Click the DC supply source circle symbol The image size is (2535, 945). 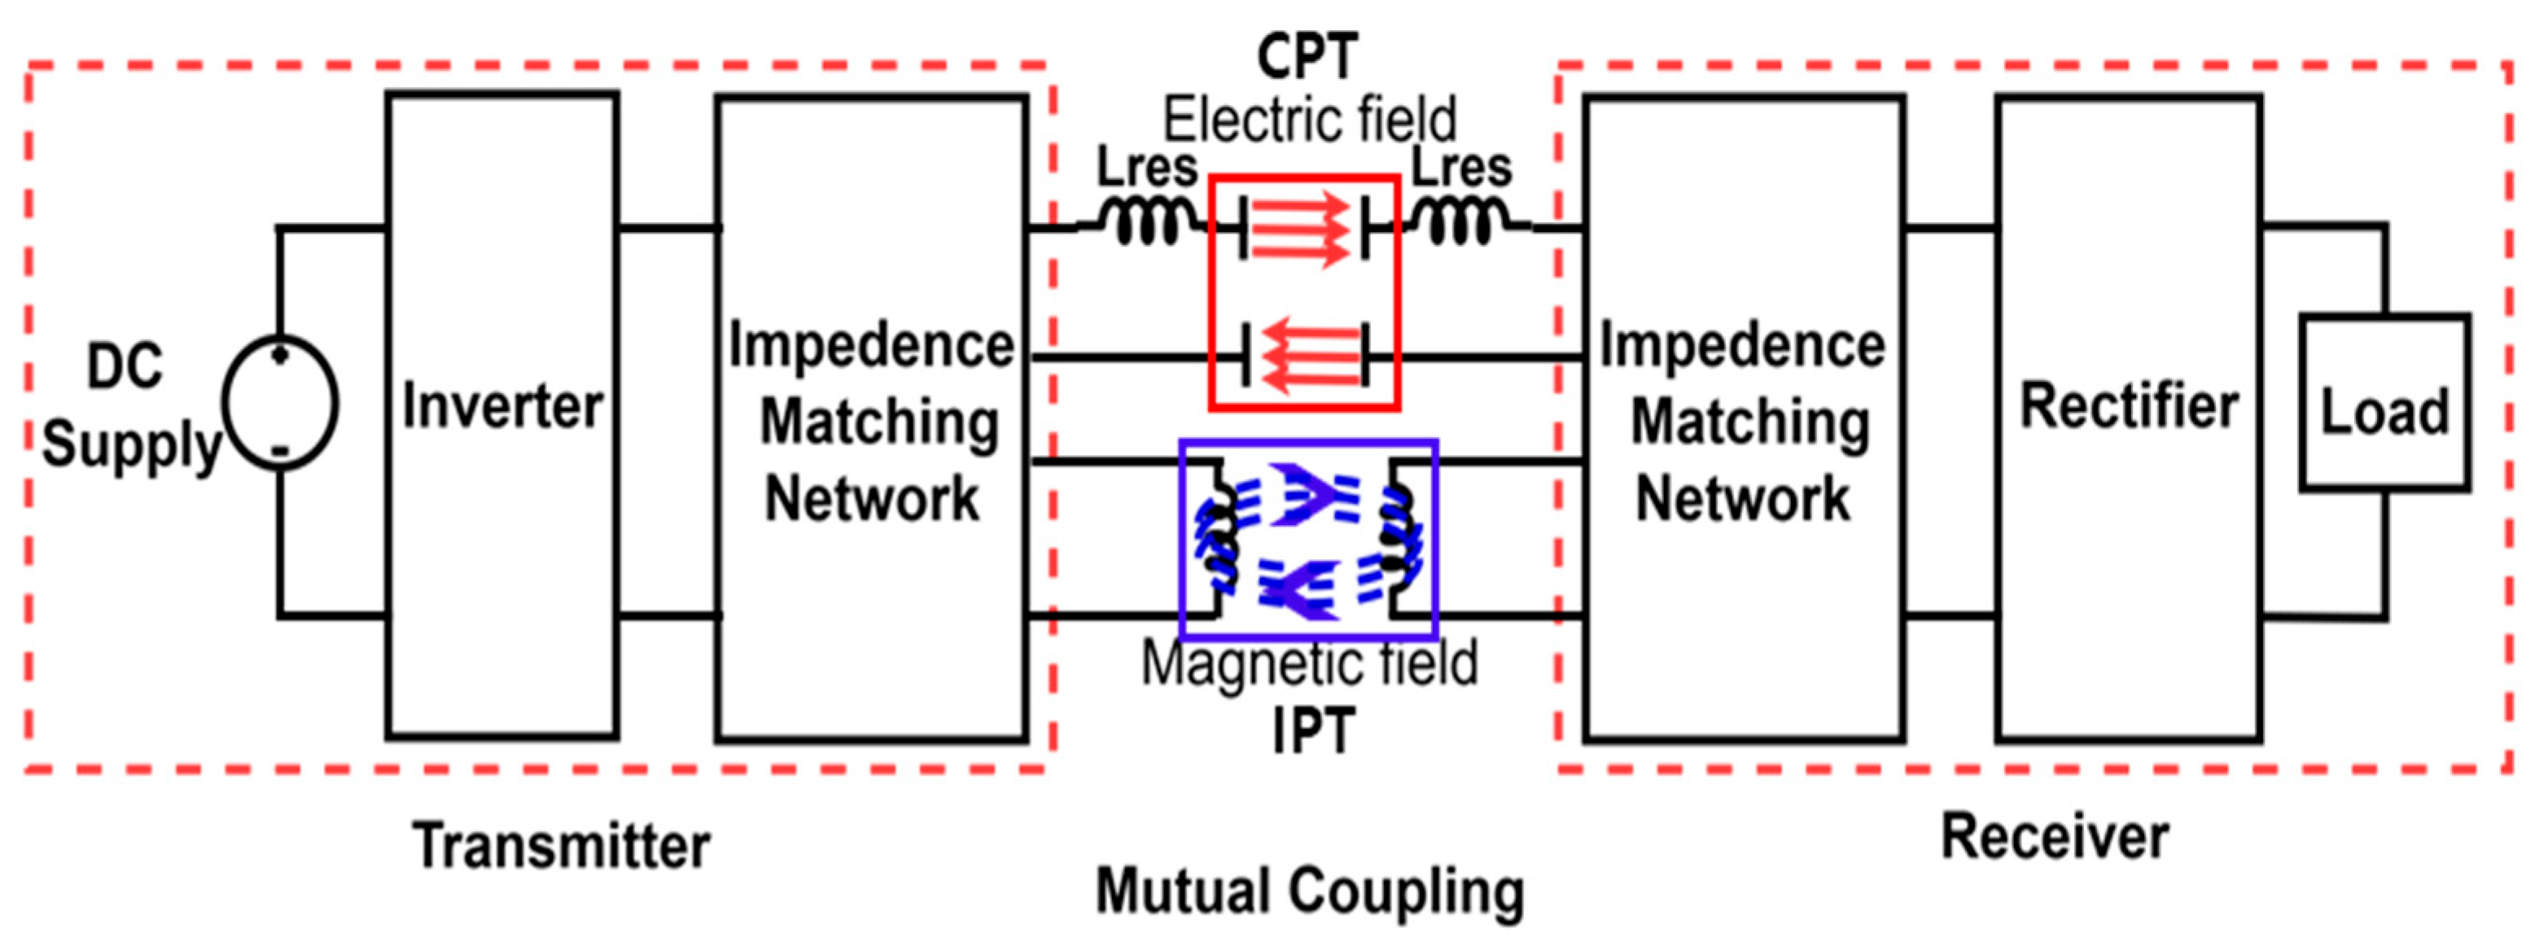coord(279,401)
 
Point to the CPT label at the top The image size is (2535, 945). coord(1308,56)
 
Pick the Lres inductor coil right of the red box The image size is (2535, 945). coord(1460,222)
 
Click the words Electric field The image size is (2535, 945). coord(1310,120)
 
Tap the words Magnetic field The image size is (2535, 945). coord(1309,663)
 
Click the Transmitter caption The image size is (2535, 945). coord(561,846)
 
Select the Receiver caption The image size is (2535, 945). coord(2055,838)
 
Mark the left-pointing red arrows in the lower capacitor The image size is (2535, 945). coord(1309,354)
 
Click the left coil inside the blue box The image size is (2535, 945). coord(1219,536)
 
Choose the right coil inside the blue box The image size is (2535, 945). coord(1398,536)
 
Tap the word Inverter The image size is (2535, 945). coord(502,405)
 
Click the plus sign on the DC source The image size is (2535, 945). coord(281,353)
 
